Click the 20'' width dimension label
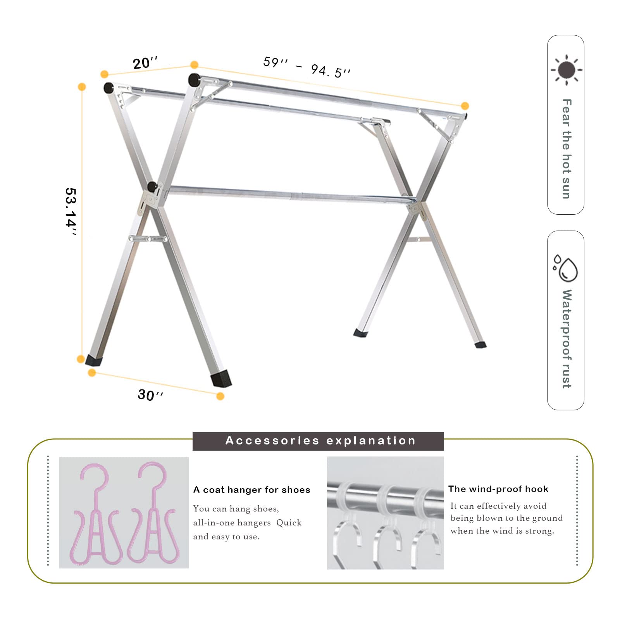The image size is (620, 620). pos(145,63)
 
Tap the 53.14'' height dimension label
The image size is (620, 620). pos(71,212)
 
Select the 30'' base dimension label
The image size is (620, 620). pos(150,395)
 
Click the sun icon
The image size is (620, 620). pos(567,70)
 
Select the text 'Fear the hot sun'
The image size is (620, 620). pos(567,149)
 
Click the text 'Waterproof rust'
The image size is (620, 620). pos(567,339)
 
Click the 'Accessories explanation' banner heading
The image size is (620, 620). pos(320,441)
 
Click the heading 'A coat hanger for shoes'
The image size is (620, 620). pos(252,490)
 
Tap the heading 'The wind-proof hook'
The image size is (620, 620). pos(498,489)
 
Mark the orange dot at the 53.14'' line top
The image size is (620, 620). pos(82,87)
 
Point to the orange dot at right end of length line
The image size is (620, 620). pos(465,106)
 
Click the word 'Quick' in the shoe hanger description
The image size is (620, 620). pos(289,523)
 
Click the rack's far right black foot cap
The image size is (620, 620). pos(480,344)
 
